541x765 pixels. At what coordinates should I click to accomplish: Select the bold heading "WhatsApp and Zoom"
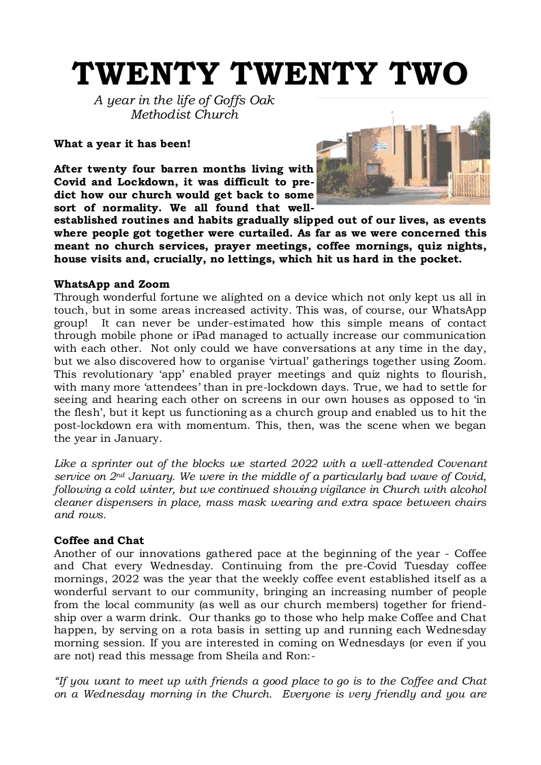click(x=112, y=284)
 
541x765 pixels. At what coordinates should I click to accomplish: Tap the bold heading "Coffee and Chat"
click(x=99, y=541)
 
